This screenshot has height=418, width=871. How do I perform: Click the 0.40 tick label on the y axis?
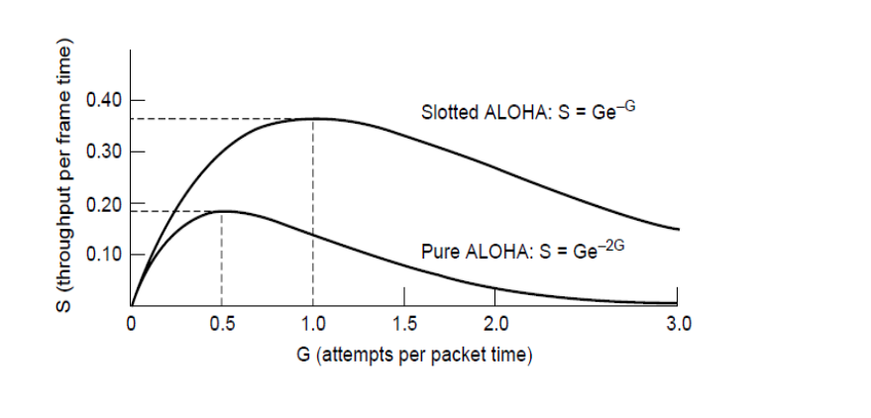(103, 100)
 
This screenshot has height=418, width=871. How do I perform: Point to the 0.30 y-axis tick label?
(103, 152)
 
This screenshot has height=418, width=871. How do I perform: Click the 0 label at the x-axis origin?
(131, 323)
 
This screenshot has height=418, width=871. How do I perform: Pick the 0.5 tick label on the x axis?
(221, 323)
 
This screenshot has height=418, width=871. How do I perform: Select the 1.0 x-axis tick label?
(313, 323)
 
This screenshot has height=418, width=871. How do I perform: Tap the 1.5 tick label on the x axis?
(404, 323)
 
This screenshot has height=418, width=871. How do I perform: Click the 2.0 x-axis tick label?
(495, 323)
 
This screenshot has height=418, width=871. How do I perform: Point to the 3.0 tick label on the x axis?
(677, 323)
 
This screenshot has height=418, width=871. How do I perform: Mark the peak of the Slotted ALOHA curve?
(313, 119)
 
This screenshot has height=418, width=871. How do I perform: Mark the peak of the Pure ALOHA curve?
(222, 211)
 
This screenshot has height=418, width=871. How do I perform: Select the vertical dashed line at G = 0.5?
(222, 258)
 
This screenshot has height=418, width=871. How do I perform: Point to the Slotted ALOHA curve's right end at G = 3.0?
(678, 229)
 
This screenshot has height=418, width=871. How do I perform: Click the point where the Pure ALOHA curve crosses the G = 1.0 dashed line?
(313, 235)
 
